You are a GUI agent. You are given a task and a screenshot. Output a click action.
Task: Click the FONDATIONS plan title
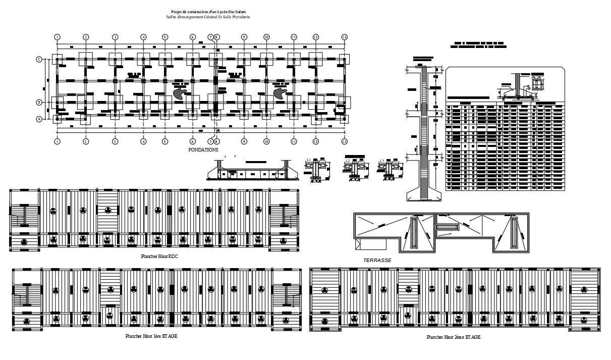203,150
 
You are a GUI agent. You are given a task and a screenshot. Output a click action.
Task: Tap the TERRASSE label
377,261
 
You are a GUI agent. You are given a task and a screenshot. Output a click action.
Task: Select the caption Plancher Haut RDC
159,256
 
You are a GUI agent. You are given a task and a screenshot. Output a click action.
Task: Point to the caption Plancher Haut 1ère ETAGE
151,336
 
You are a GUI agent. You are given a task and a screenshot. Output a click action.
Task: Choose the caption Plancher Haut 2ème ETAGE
453,337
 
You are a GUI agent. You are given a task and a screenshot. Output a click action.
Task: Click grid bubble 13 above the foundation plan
344,37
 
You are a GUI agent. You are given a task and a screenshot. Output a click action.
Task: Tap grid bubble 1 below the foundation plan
58,142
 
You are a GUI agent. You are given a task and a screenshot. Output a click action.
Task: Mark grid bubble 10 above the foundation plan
266,37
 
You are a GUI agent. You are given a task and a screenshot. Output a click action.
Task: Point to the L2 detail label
348,161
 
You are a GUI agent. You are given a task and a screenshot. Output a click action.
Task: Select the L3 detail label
382,161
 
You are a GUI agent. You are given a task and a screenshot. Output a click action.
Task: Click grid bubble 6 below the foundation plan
192,142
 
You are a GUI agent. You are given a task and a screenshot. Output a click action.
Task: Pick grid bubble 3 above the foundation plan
115,37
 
